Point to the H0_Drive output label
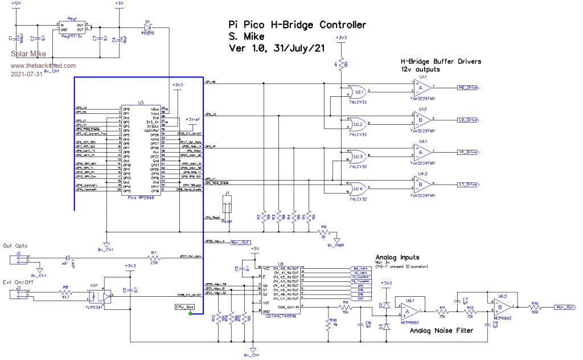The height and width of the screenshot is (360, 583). (x=471, y=88)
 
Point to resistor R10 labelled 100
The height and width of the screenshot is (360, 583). (x=535, y=307)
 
